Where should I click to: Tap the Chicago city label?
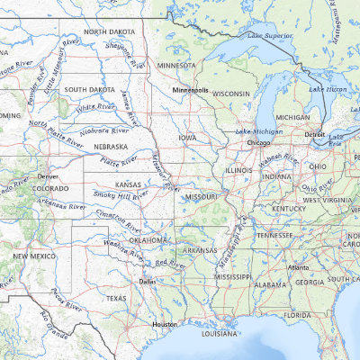click(259, 142)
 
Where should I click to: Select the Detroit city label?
click(315, 134)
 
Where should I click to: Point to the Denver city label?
click(48, 176)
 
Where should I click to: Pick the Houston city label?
click(164, 323)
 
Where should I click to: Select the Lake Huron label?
click(328, 89)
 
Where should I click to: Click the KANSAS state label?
click(129, 184)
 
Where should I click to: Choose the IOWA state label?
click(187, 138)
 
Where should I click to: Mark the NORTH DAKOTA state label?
click(110, 31)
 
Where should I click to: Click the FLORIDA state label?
click(298, 316)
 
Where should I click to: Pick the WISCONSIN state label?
click(230, 94)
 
